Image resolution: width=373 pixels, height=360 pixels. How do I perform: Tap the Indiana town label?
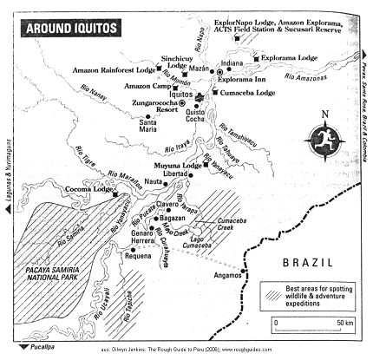pos(232,62)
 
